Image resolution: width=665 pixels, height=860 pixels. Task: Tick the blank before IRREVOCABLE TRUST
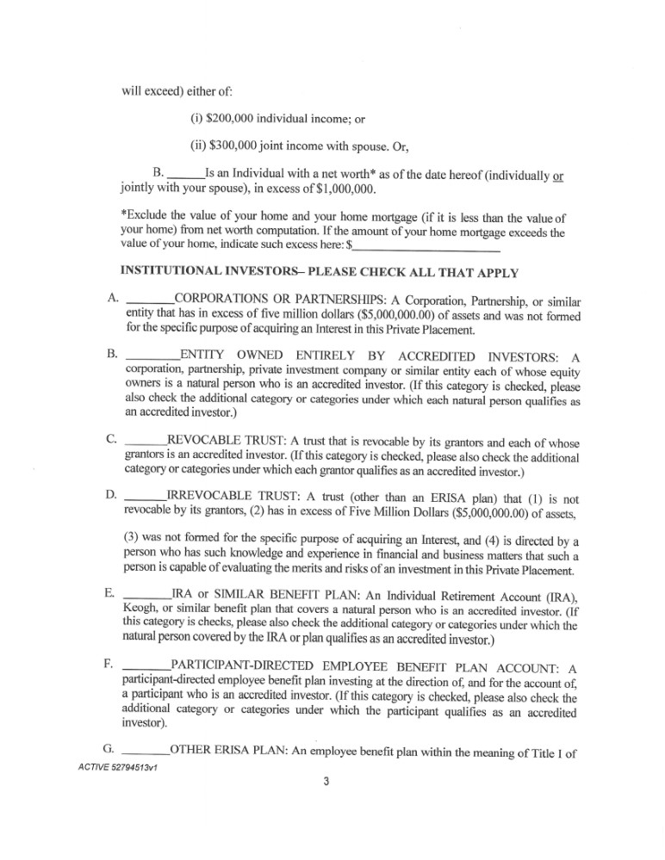[x=145, y=495]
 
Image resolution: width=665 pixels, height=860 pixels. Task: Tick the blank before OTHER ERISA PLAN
[x=147, y=747]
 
